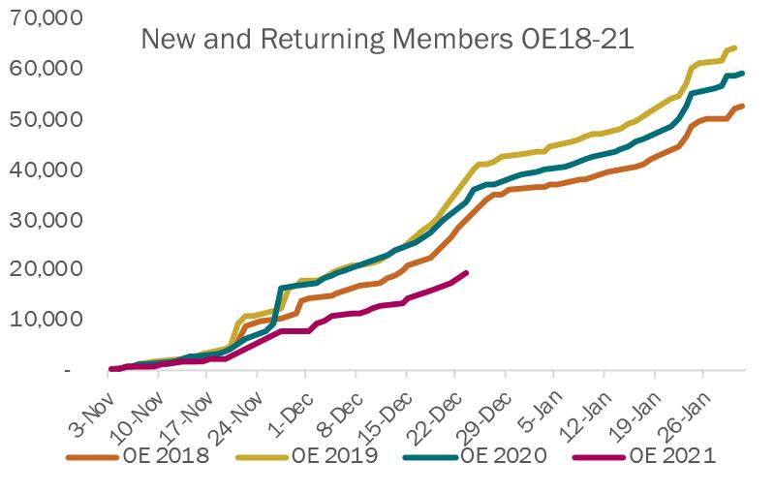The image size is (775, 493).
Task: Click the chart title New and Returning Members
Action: tap(387, 40)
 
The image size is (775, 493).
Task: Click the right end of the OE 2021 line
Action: tap(467, 273)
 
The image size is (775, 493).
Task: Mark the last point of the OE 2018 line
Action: tap(741, 107)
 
